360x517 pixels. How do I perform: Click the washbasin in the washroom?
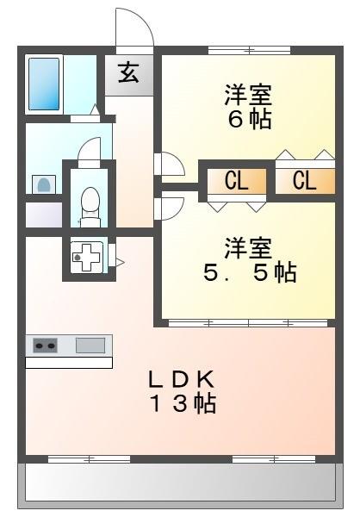click(x=42, y=184)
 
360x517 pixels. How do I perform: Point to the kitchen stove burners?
click(x=46, y=346)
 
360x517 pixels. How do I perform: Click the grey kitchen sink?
click(x=90, y=346)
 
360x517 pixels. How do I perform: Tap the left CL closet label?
click(x=236, y=181)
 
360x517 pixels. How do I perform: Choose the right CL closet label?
click(x=303, y=181)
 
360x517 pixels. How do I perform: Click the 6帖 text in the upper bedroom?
click(x=249, y=119)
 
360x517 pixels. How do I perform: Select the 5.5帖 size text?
click(x=250, y=274)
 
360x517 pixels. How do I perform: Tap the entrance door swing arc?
click(x=136, y=26)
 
